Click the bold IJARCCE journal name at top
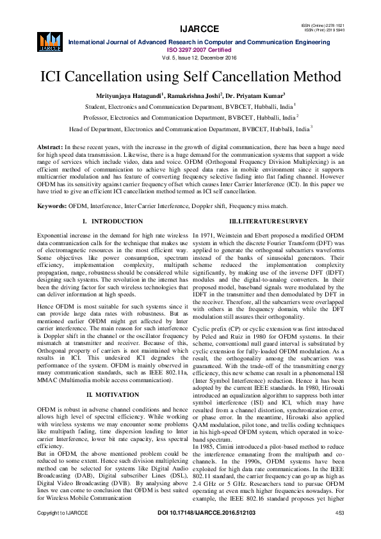[x=200, y=29]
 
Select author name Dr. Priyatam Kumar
[x=263, y=95]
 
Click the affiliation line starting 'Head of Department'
[x=190, y=129]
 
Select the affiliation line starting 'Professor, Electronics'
[x=190, y=118]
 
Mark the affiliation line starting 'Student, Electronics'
[x=190, y=106]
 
